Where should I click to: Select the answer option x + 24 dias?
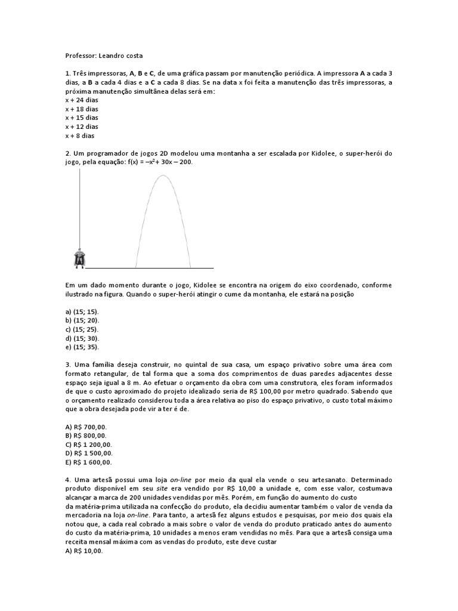coord(82,100)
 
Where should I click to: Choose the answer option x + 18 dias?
coord(82,109)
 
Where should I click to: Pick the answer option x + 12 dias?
coord(82,126)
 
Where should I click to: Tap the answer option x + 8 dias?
coord(80,135)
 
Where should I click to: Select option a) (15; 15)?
coord(82,312)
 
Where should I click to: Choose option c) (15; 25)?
coord(82,329)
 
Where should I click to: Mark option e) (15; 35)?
coord(82,347)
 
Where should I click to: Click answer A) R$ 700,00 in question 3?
coord(86,427)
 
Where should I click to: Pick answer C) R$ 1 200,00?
coord(89,445)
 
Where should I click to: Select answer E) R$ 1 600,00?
coord(89,462)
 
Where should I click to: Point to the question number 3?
coord(67,365)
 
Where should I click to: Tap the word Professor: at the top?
coord(82,55)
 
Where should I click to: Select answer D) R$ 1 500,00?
coord(89,453)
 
